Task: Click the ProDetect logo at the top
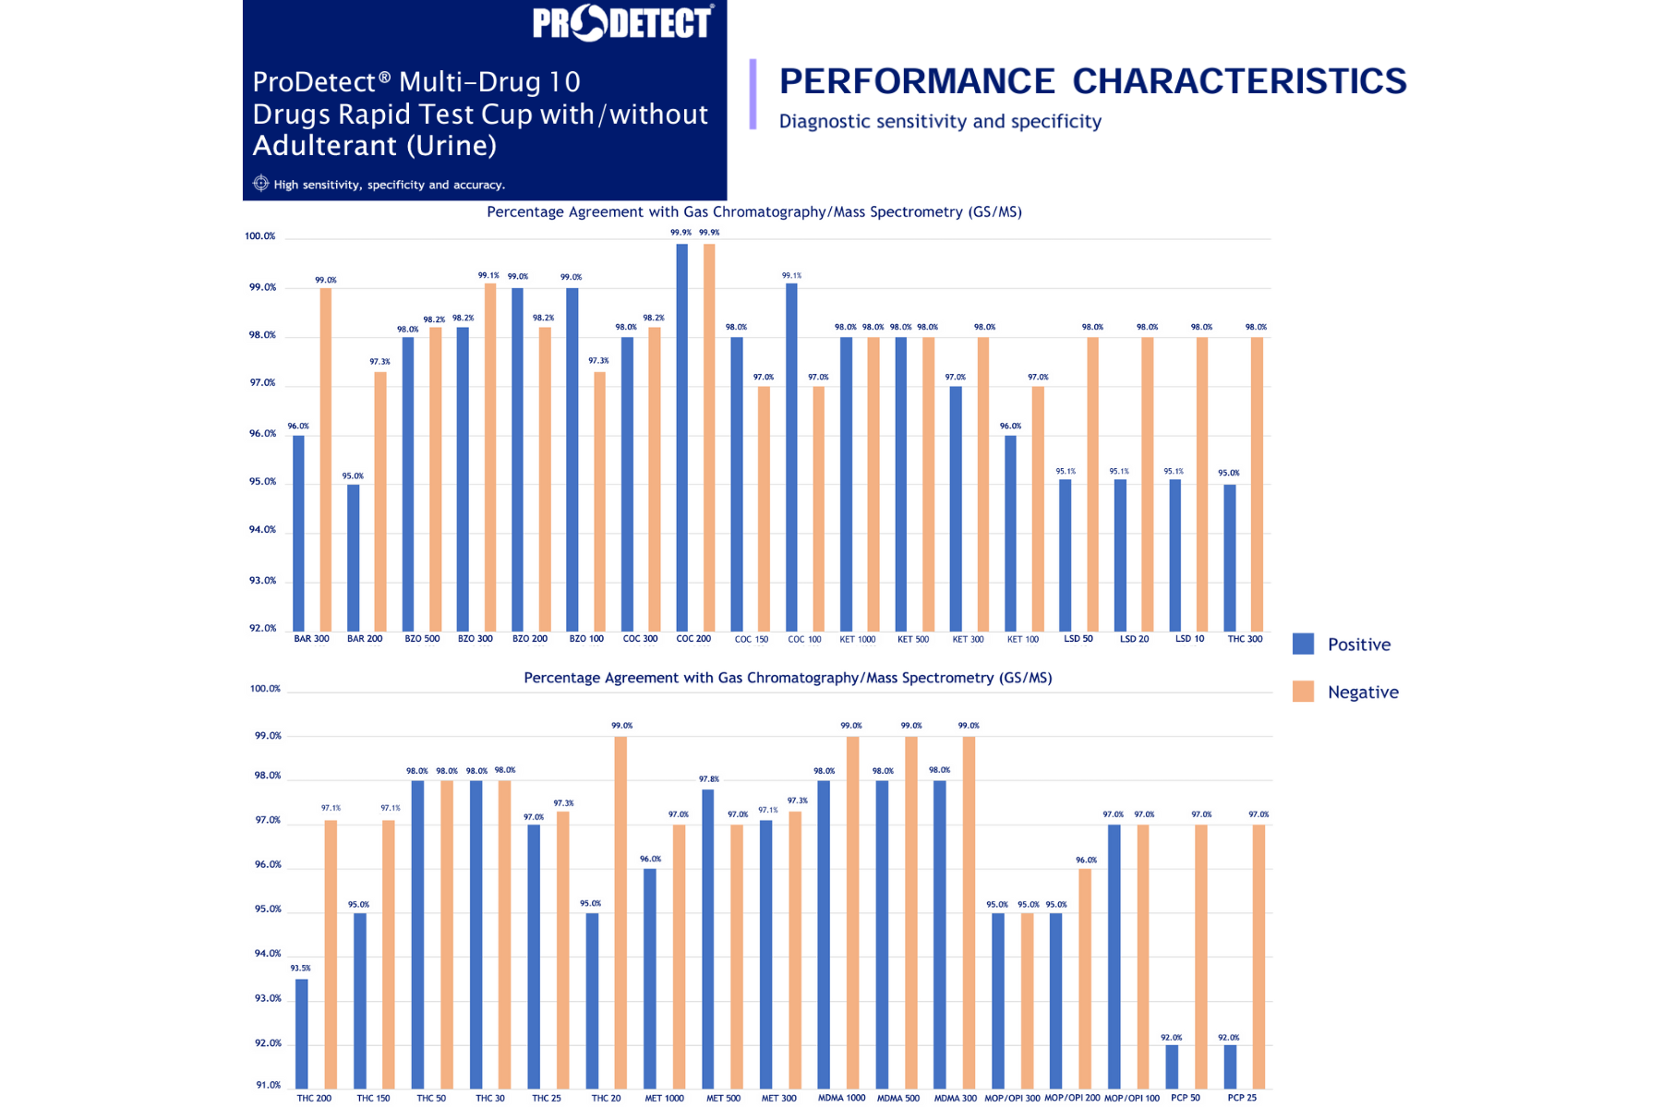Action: (x=621, y=23)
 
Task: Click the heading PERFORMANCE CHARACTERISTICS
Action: (x=1092, y=81)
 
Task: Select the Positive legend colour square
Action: (x=1303, y=644)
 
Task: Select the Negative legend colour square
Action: (x=1303, y=692)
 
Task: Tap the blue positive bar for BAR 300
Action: (x=298, y=533)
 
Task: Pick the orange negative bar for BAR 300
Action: (x=325, y=459)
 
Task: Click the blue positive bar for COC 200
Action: (x=681, y=437)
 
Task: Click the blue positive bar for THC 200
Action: (x=302, y=1033)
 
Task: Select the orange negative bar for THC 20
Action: (x=620, y=912)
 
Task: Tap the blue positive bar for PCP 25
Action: (x=1230, y=1066)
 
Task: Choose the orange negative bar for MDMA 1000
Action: (x=852, y=912)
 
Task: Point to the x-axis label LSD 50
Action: (x=1078, y=639)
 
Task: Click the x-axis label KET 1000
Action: (x=857, y=639)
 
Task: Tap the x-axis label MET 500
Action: (x=723, y=1098)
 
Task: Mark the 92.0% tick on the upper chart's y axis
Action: (x=262, y=629)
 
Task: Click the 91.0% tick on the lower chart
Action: (x=268, y=1085)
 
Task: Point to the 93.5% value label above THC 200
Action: (x=300, y=969)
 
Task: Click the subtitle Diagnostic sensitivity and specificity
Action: (x=940, y=122)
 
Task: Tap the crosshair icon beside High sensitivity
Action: (x=261, y=184)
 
